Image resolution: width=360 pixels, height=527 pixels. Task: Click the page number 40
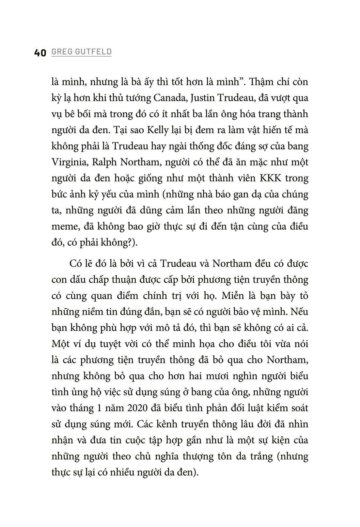(40, 53)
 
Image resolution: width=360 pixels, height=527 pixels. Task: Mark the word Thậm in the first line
(265, 82)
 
